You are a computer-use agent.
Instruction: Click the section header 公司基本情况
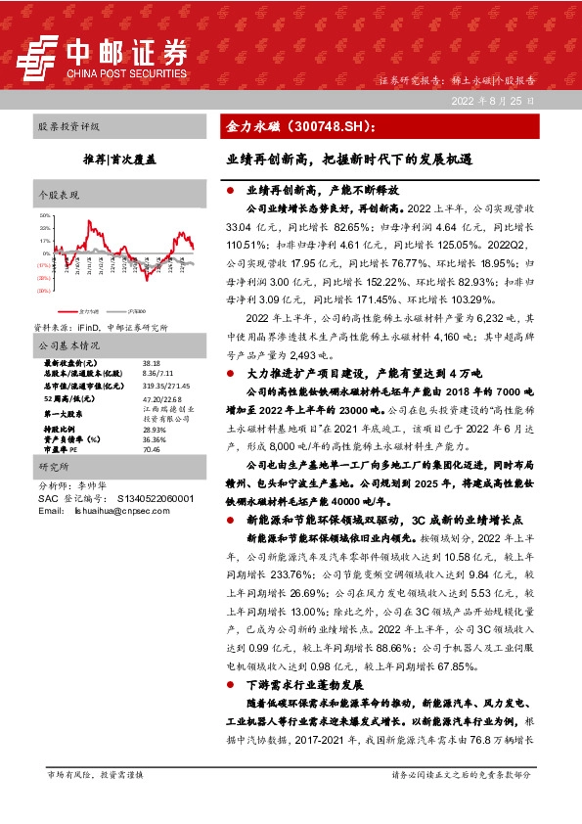69,345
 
